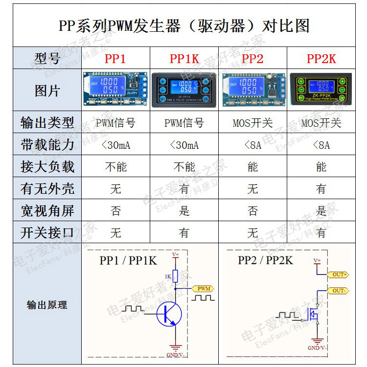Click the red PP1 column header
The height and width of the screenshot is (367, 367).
click(x=115, y=59)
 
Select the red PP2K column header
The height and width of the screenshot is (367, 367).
click(x=321, y=59)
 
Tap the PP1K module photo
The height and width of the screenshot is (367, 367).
click(x=184, y=90)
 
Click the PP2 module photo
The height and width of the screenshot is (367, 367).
click(x=252, y=90)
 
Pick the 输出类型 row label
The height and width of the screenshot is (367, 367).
click(x=47, y=122)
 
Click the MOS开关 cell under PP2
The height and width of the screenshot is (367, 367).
click(x=252, y=123)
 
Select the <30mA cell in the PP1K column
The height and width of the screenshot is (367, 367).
click(x=184, y=145)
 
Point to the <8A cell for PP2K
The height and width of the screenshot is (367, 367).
click(x=321, y=145)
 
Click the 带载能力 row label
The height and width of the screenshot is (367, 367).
click(x=47, y=145)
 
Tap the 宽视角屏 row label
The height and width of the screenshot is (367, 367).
click(x=47, y=211)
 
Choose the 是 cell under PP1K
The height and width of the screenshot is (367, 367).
click(x=184, y=211)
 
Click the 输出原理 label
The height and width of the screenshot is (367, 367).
click(x=47, y=305)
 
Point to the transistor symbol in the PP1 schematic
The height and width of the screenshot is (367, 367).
click(x=169, y=313)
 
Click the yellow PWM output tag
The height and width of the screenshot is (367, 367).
click(x=203, y=289)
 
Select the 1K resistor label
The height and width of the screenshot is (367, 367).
click(x=168, y=277)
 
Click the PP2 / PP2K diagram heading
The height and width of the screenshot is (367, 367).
click(x=265, y=260)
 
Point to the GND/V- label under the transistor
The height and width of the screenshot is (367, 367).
click(x=175, y=355)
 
